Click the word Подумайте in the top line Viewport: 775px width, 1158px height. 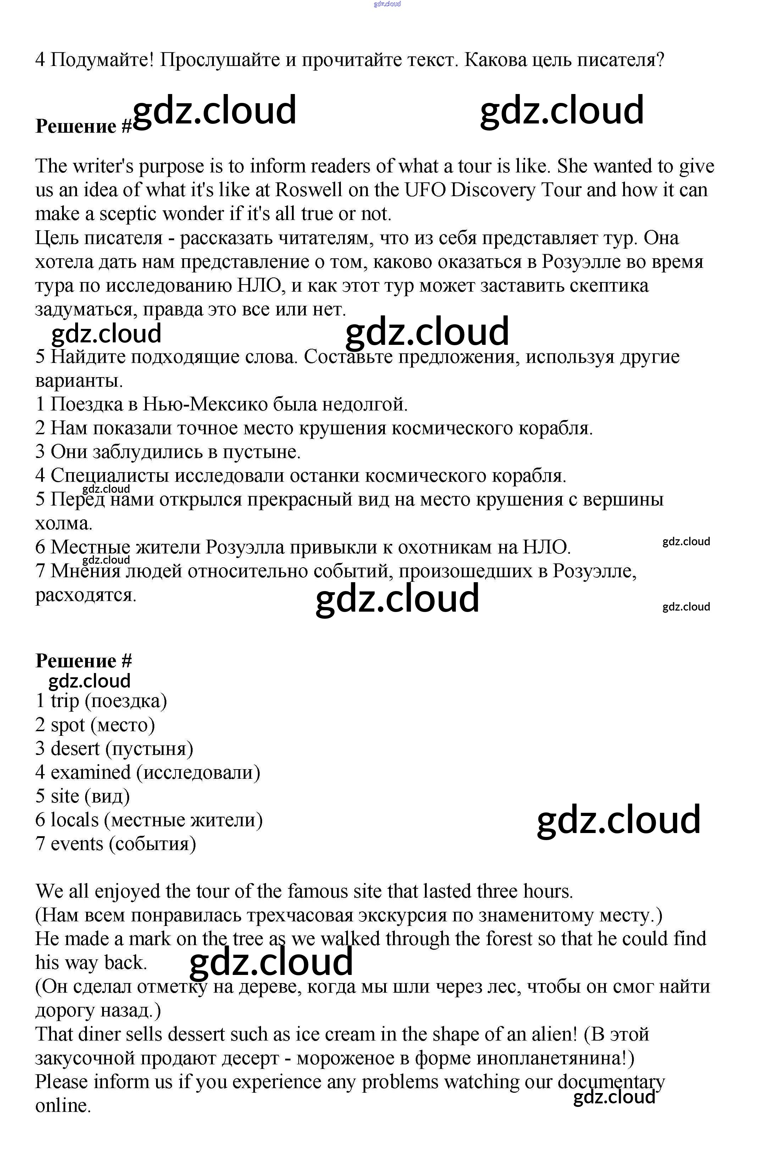point(102,60)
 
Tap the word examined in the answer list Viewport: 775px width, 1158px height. point(90,772)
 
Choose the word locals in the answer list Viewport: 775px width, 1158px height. point(74,820)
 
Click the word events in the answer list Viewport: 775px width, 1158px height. point(77,844)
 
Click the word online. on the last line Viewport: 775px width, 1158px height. point(63,1105)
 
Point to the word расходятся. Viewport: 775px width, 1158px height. point(85,595)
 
